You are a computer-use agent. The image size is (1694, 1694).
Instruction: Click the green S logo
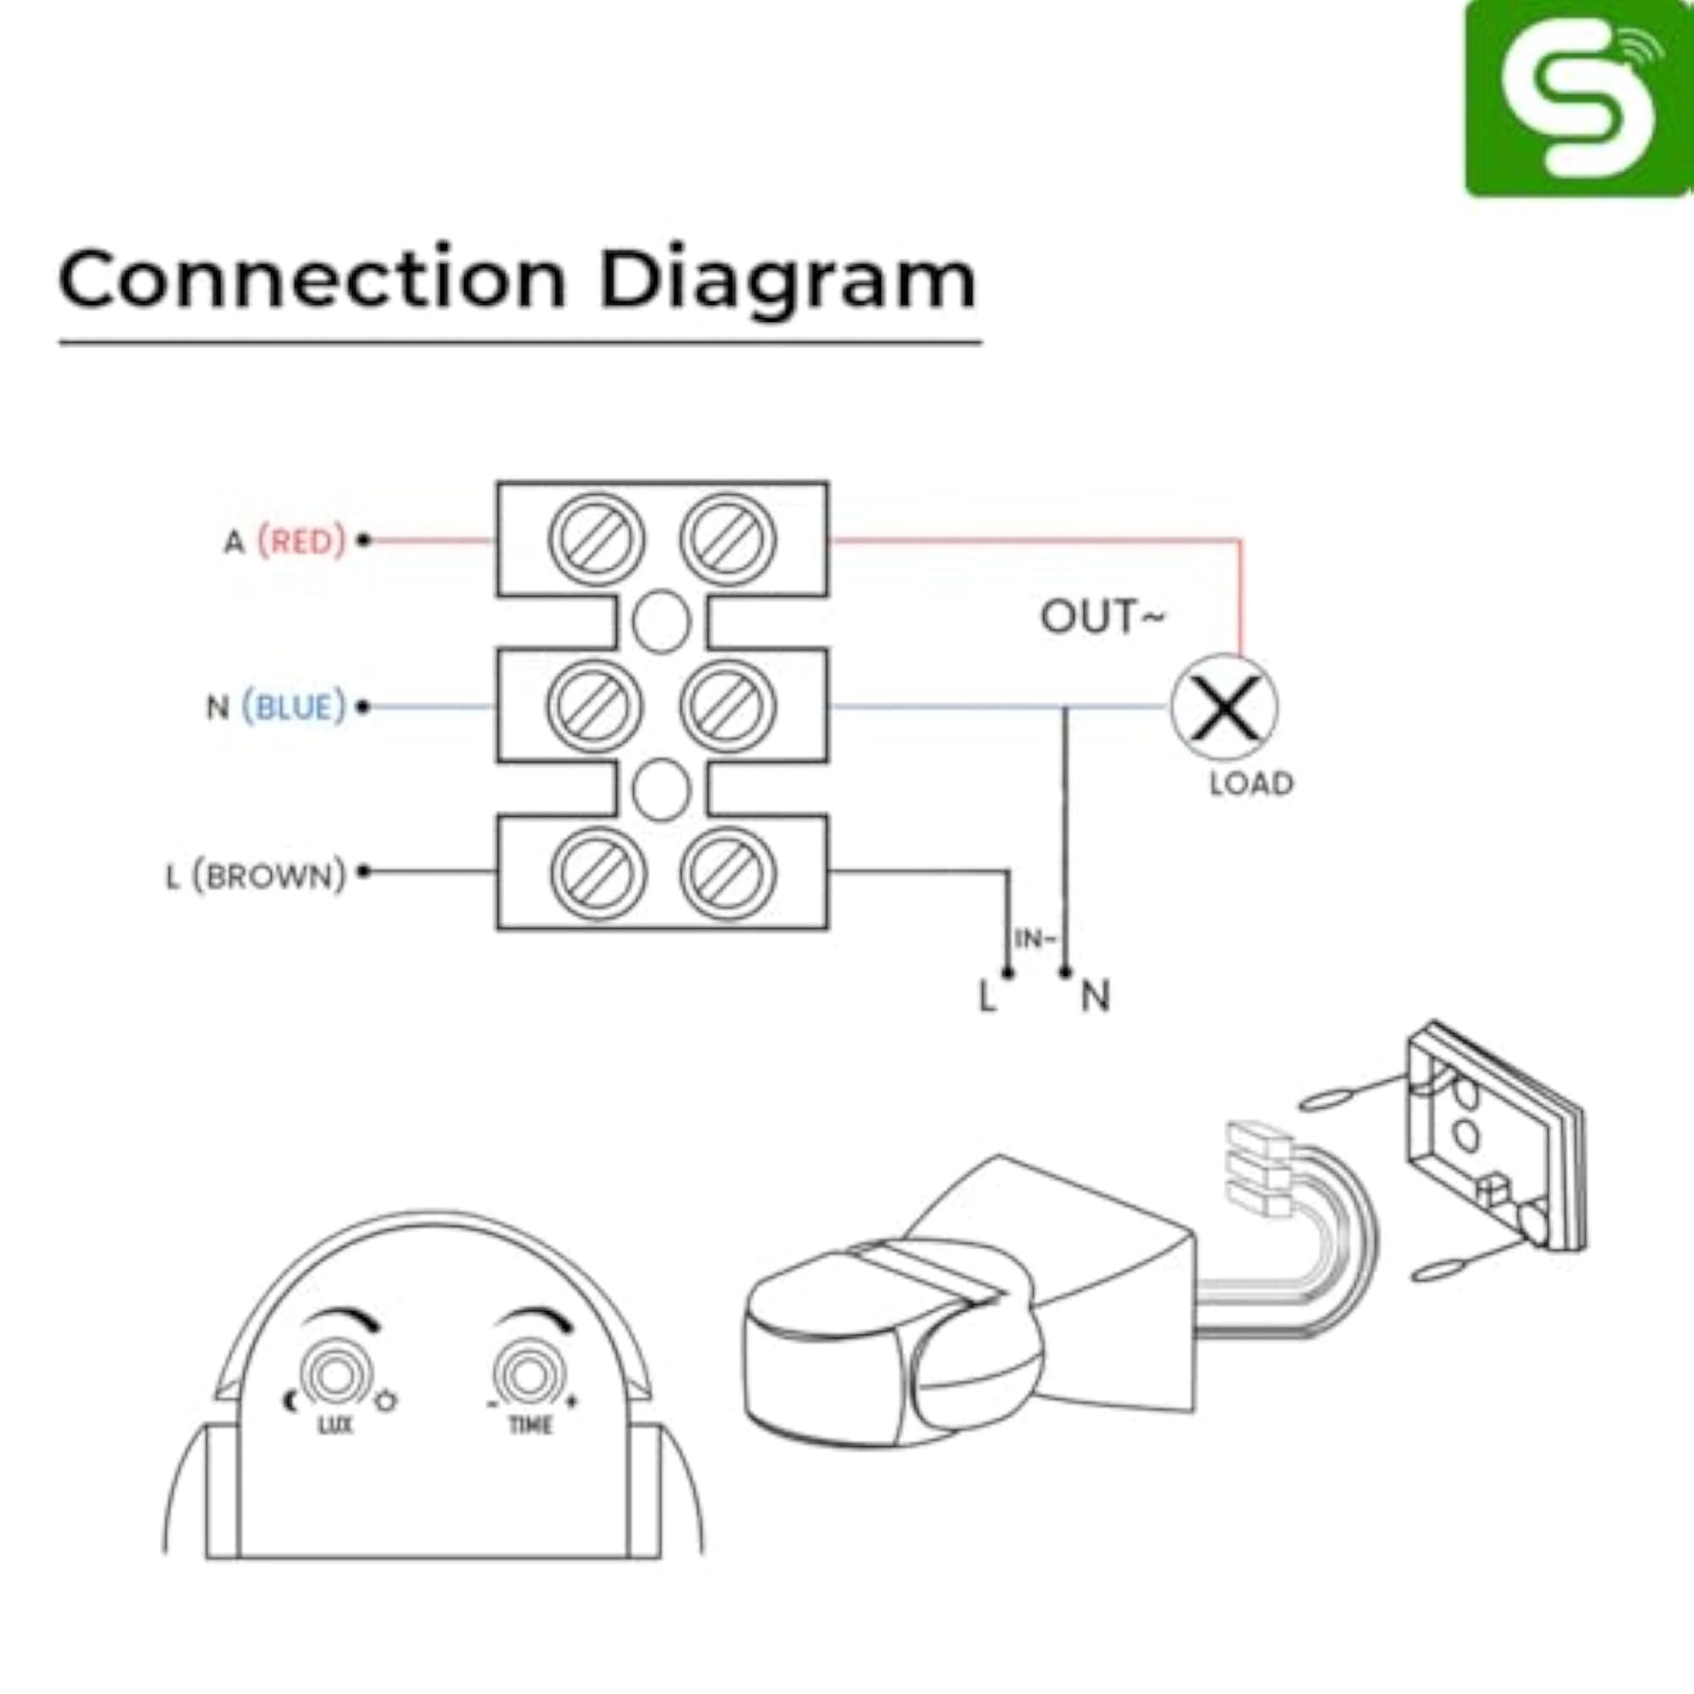pos(1578,98)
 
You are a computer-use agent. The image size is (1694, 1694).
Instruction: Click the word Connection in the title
pos(312,280)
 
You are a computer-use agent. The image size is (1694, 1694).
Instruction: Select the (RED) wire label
pos(302,541)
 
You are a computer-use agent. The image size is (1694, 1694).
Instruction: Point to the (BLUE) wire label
pos(295,707)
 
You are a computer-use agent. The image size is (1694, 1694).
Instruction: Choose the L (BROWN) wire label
pos(256,876)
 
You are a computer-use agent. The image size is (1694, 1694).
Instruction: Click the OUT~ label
pos(1102,617)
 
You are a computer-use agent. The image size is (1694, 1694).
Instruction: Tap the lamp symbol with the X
pos(1224,708)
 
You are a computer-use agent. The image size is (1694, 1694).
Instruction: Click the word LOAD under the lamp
pos(1252,783)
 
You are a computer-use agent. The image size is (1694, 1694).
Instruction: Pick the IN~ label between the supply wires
pos(1035,938)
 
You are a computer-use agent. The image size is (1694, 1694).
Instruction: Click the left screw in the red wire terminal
pos(597,540)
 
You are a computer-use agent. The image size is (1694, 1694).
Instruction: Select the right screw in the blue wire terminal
pos(728,706)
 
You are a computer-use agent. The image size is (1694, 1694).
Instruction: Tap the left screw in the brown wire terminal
pos(598,872)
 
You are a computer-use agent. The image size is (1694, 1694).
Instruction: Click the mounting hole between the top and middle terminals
pos(662,622)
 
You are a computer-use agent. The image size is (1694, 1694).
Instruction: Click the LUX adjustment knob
pos(334,1377)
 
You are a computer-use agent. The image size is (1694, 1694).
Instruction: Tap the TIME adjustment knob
pos(528,1377)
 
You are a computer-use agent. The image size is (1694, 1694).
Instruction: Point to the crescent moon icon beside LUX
pos(290,1401)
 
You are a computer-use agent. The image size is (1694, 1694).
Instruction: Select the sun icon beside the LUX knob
pos(385,1401)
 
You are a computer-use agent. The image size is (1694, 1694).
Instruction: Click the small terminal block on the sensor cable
pos(1257,1169)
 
